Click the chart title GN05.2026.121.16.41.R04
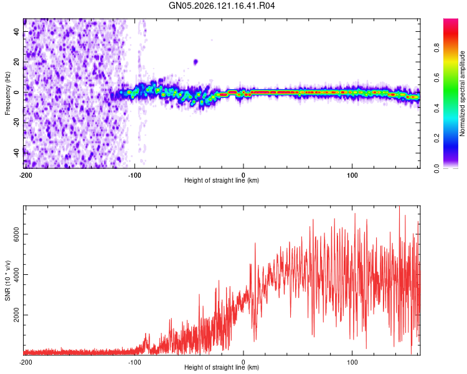click(222, 6)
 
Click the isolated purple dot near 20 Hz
click(196, 62)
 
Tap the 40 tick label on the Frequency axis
click(16, 32)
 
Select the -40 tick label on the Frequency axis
click(16, 153)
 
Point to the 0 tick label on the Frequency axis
click(16, 92)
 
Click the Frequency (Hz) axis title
click(7, 93)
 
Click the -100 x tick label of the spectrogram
click(134, 175)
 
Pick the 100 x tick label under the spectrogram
click(352, 175)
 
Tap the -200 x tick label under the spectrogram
click(26, 175)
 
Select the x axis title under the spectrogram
click(222, 180)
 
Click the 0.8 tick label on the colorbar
click(436, 48)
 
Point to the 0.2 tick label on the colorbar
click(436, 138)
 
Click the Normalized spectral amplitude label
click(462, 93)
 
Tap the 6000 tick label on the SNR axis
click(16, 234)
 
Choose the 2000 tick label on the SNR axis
click(16, 315)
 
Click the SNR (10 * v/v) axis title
click(7, 280)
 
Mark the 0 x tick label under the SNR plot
click(243, 362)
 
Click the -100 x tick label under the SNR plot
click(134, 362)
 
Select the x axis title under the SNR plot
click(222, 367)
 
